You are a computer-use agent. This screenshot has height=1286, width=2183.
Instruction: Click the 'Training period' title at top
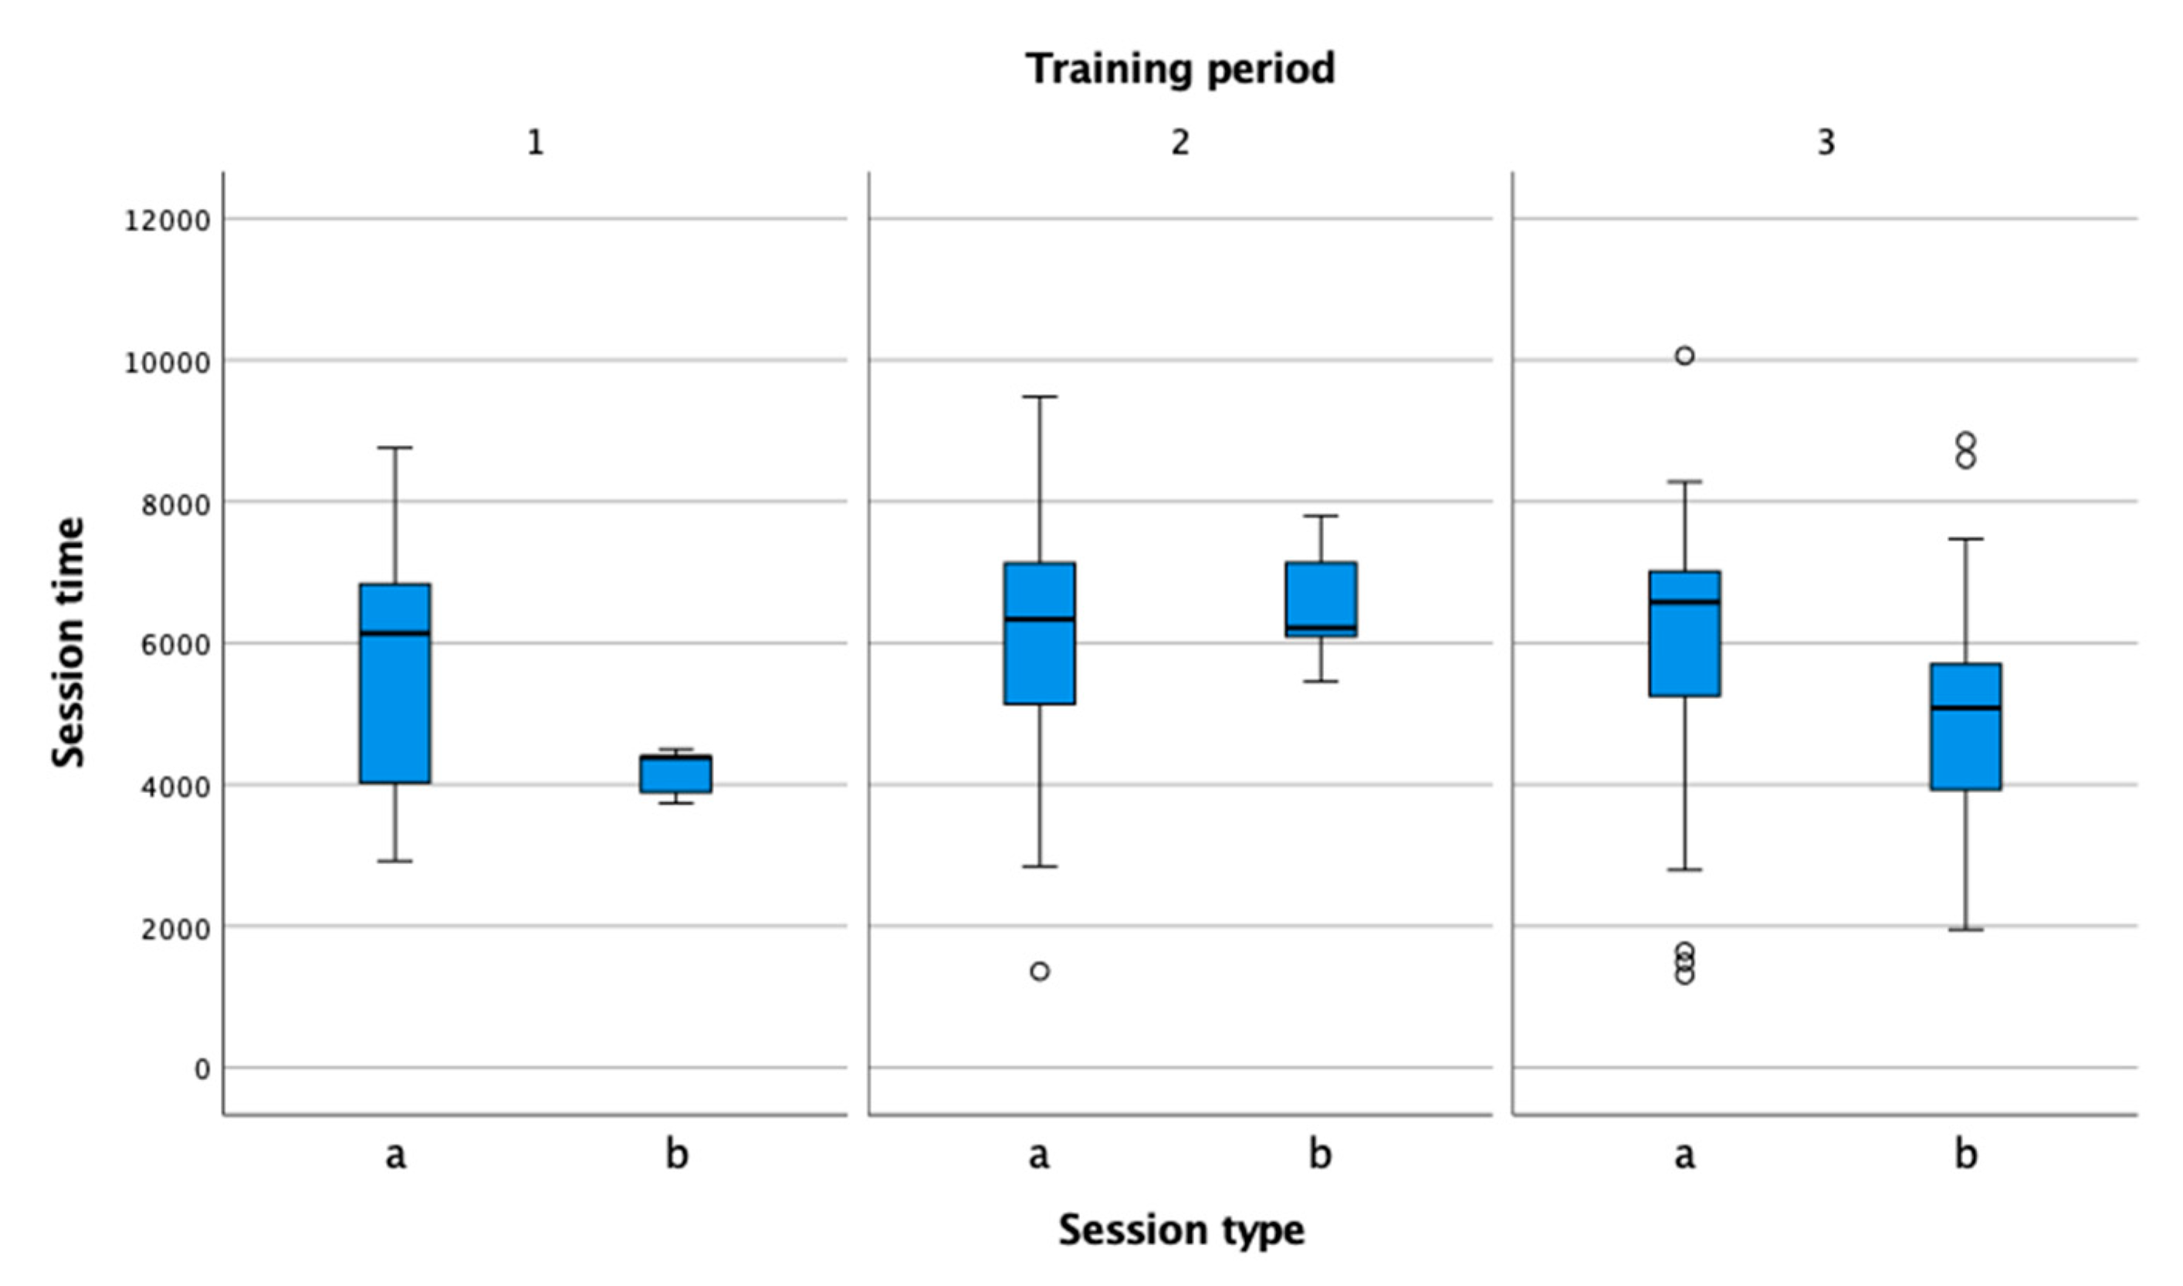1180,69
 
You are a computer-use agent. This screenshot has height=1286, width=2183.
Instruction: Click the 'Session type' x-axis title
1181,1230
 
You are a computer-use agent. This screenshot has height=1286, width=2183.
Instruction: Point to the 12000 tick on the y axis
168,220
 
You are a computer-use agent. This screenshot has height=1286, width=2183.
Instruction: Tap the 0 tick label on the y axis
201,1069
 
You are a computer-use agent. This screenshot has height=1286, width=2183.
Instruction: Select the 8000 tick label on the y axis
176,504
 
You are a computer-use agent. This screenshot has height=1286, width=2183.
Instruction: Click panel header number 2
1180,142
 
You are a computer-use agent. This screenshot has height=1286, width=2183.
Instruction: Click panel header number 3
1826,142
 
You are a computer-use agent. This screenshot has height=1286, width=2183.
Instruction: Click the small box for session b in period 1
676,775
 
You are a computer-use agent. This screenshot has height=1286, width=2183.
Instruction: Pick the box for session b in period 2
1322,598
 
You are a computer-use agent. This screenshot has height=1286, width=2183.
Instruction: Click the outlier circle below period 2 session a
1040,971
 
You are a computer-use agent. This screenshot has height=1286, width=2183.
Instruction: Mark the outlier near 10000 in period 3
1684,356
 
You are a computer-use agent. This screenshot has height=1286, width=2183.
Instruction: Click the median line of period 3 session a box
1684,602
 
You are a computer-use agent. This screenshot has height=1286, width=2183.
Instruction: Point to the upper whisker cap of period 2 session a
1040,397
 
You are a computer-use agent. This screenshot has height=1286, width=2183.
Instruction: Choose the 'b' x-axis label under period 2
1321,1153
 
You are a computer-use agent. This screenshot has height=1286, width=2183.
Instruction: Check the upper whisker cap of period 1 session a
395,448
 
